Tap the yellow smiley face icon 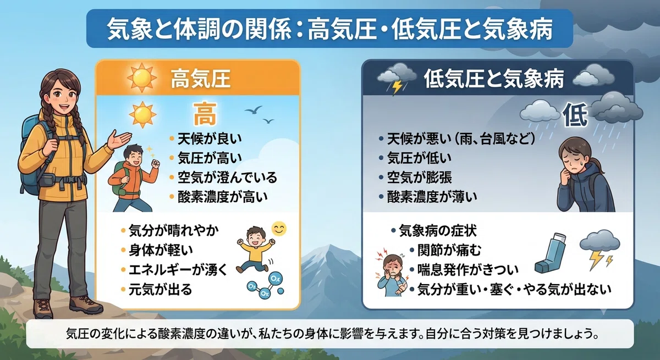279,229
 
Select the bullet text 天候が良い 209,139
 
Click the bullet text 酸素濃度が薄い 432,197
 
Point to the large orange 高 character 205,114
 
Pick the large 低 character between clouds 575,115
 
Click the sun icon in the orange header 142,77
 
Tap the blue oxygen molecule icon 266,284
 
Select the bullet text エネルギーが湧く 178,270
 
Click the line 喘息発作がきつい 468,270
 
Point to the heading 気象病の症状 438,231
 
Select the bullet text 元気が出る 160,290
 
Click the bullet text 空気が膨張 419,178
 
